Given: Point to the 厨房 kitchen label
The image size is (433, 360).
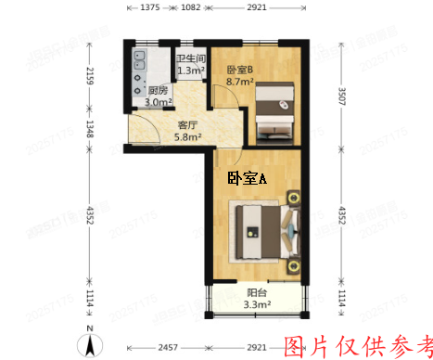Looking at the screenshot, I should (x=159, y=90).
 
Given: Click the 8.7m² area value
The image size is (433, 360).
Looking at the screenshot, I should (x=241, y=82).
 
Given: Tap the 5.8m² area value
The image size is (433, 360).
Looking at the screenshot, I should (x=189, y=139).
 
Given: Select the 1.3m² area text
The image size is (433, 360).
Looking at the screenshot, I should (x=190, y=70).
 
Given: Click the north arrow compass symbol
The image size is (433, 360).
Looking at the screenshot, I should (x=90, y=344).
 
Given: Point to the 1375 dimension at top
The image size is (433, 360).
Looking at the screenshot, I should (x=151, y=7).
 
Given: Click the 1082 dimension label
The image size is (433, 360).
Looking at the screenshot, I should (x=190, y=7).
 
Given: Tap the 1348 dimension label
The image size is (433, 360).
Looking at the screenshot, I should (x=90, y=127).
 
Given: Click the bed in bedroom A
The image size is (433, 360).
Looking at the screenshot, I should (x=263, y=229).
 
